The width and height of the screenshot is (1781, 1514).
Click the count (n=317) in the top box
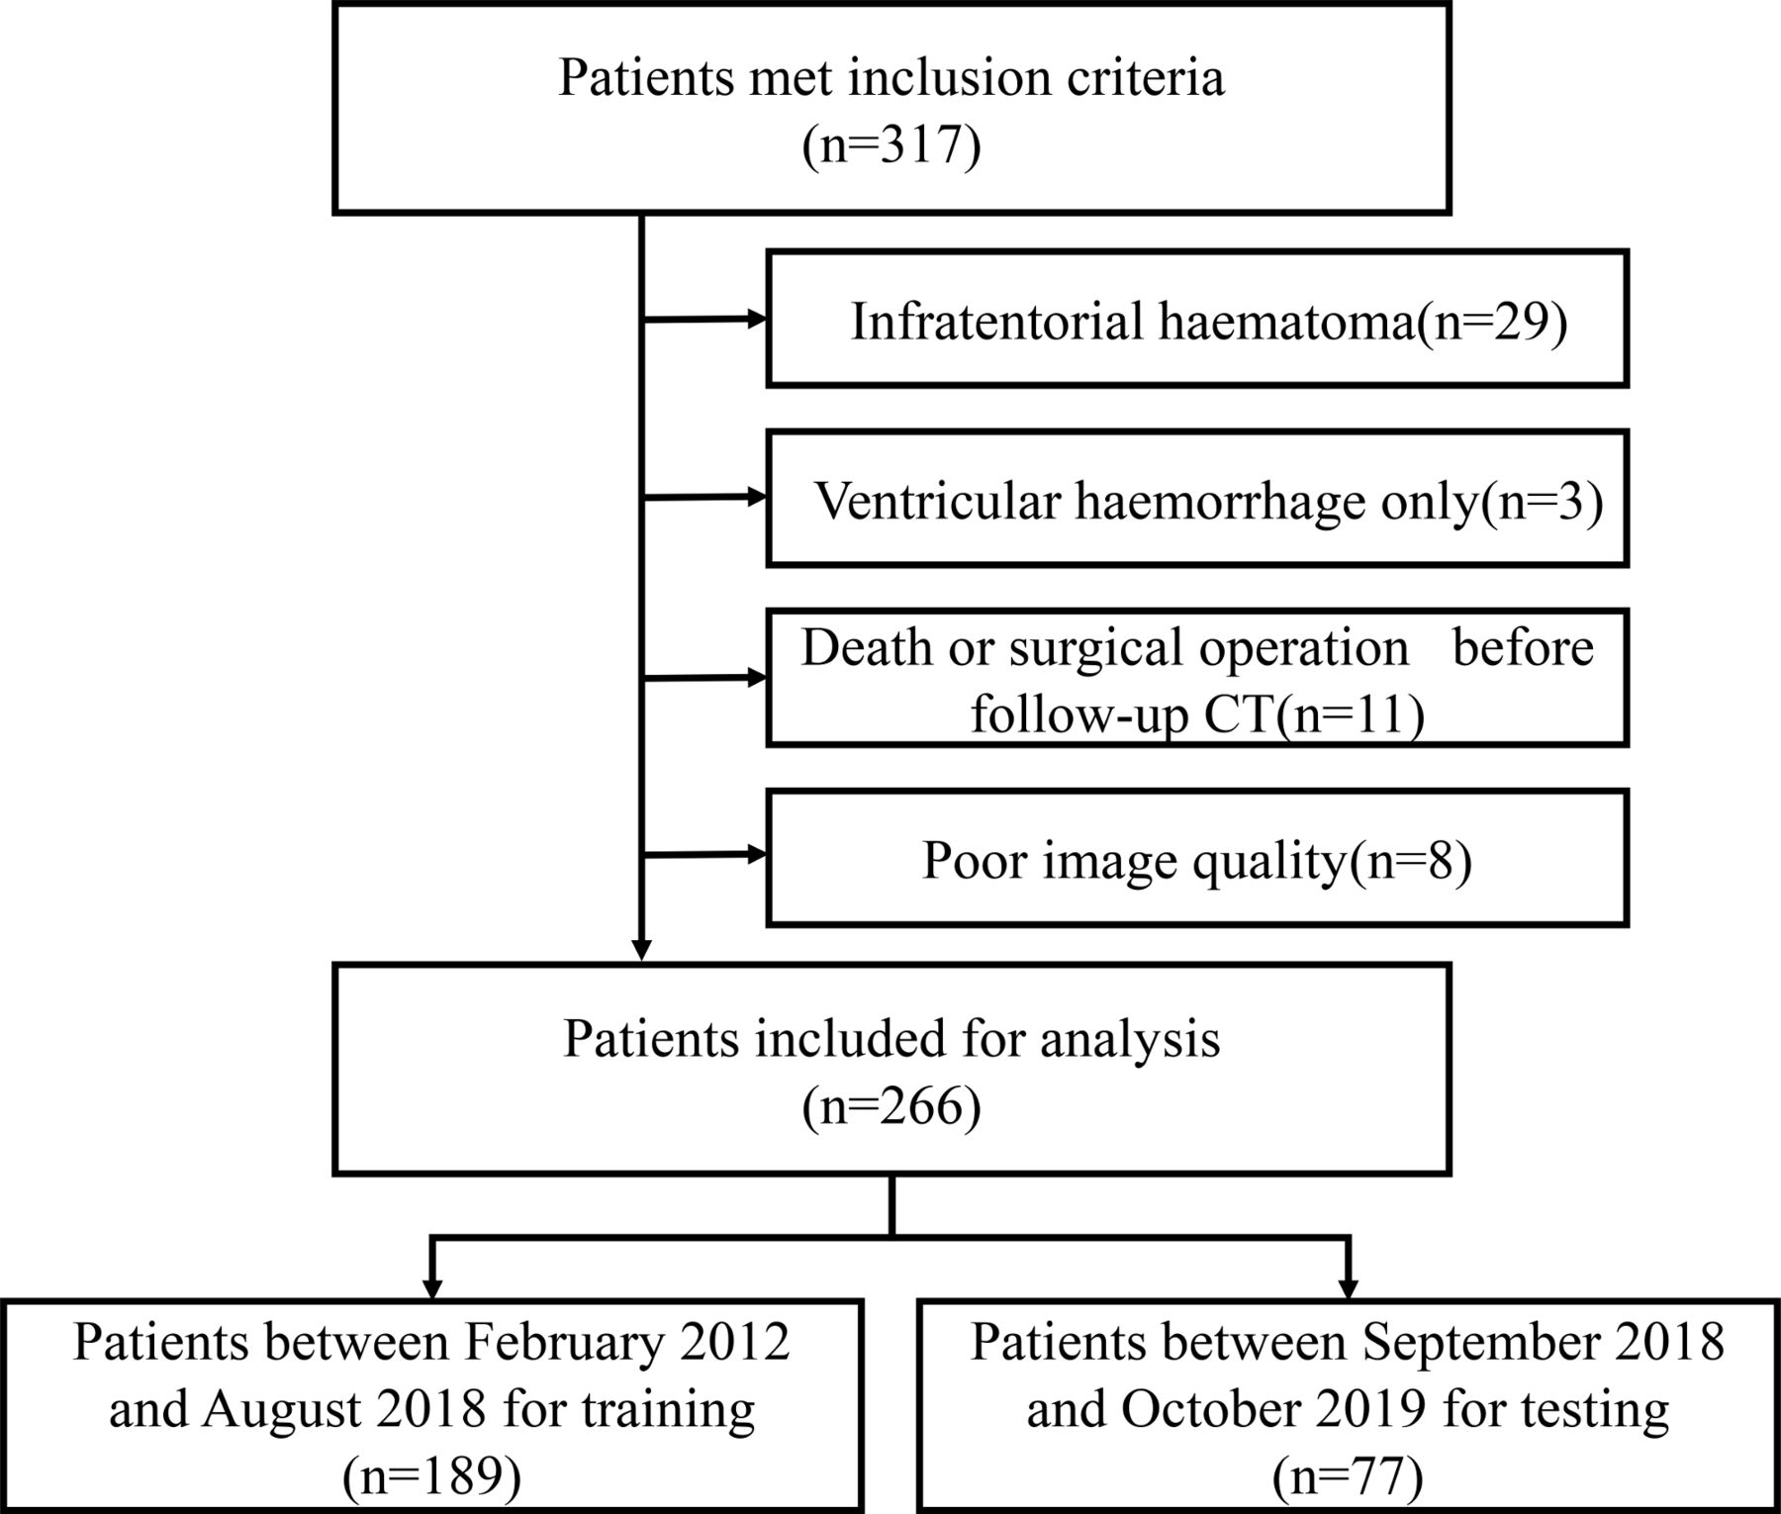click(x=891, y=145)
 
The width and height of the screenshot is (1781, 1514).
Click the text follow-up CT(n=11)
click(x=1197, y=714)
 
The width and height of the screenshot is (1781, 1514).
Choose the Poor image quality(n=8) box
click(x=1197, y=858)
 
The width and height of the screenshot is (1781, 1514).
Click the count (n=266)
click(x=891, y=1105)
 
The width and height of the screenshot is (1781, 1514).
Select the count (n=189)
click(x=431, y=1479)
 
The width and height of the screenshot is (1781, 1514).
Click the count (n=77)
click(x=1348, y=1479)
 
